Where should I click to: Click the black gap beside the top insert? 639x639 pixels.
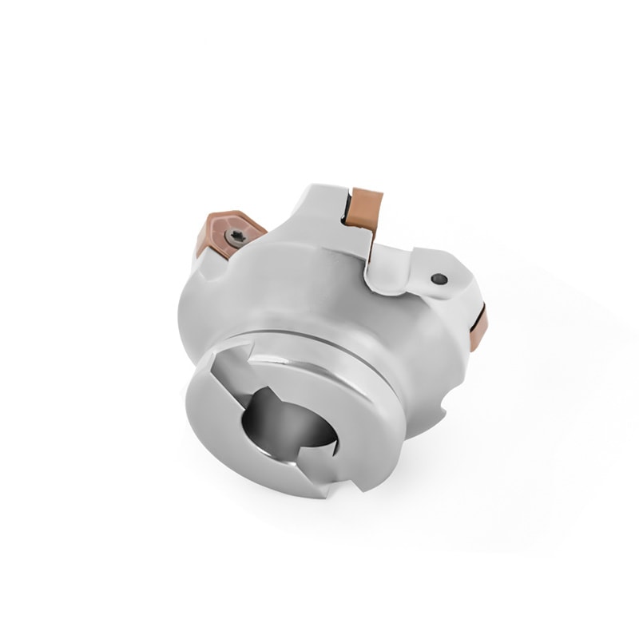(349, 209)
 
